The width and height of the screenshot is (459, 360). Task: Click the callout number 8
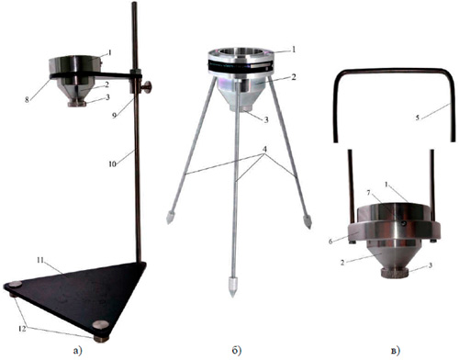click(x=28, y=99)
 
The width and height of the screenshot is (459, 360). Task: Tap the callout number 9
click(x=115, y=116)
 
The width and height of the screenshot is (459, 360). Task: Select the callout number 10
click(x=112, y=164)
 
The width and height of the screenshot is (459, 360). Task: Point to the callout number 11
click(x=40, y=261)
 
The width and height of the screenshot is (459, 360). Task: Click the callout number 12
click(x=22, y=329)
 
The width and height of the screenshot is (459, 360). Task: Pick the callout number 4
click(x=265, y=150)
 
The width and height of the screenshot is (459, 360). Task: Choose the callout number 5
click(x=418, y=118)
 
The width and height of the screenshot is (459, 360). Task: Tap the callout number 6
click(x=330, y=242)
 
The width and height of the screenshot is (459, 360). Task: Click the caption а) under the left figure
click(x=78, y=351)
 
